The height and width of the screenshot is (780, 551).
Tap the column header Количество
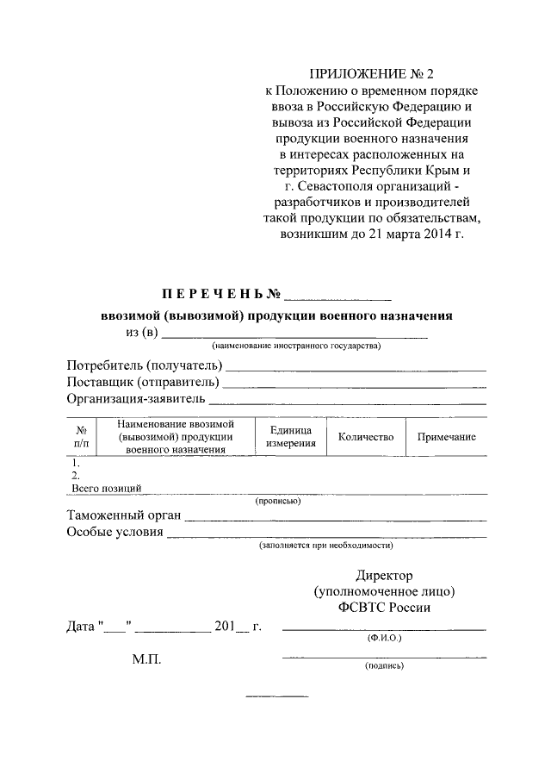pyautogui.click(x=366, y=437)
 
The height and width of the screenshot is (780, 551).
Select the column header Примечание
pyautogui.click(x=446, y=437)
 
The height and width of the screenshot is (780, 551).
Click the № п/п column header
pyautogui.click(x=80, y=437)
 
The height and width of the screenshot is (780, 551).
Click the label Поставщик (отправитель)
pyautogui.click(x=142, y=381)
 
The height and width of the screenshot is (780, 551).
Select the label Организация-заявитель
pyautogui.click(x=136, y=398)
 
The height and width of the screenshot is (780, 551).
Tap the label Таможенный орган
pyautogui.click(x=123, y=515)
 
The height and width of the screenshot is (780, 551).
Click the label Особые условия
pyautogui.click(x=115, y=532)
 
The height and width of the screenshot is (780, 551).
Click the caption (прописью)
pyautogui.click(x=277, y=501)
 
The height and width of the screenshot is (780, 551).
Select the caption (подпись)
pyautogui.click(x=383, y=665)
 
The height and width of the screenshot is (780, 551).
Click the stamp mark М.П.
pyautogui.click(x=146, y=659)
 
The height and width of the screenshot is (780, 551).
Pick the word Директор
pyautogui.click(x=384, y=575)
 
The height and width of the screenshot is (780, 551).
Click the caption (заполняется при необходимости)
pyautogui.click(x=326, y=546)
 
